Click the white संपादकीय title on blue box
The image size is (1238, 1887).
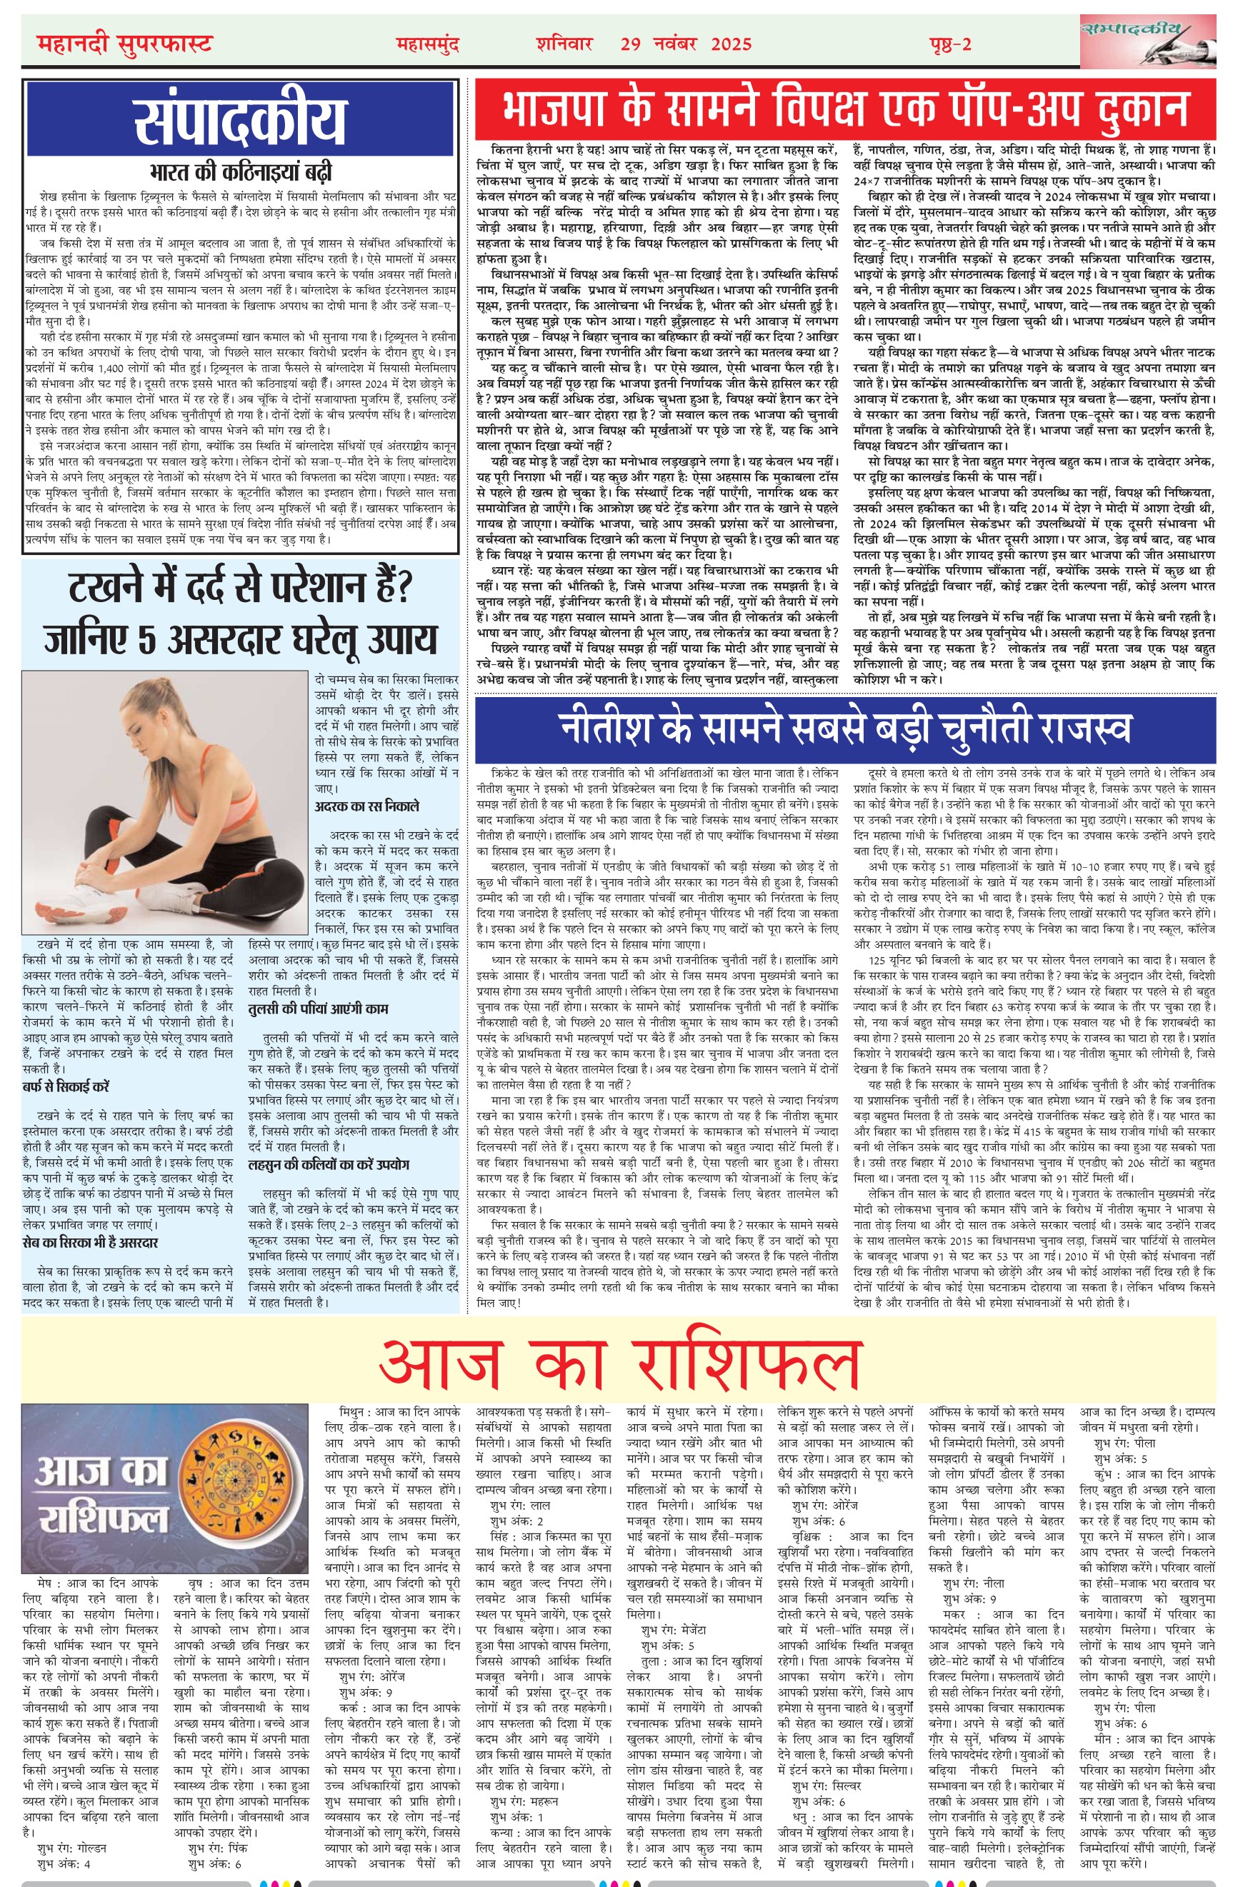[x=240, y=121]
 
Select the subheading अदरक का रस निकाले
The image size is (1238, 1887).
[x=366, y=806]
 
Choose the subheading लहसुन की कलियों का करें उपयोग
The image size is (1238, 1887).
[x=329, y=1165]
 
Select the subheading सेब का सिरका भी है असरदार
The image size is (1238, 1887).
[x=91, y=1241]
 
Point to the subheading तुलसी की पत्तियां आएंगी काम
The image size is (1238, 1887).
[x=318, y=1008]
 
